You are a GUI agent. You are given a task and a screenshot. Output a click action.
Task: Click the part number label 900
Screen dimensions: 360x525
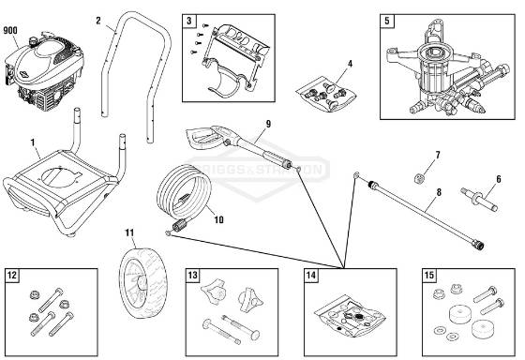pyautogui.click(x=12, y=30)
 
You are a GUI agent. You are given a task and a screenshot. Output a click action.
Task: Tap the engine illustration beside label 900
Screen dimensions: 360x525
pyautogui.click(x=41, y=74)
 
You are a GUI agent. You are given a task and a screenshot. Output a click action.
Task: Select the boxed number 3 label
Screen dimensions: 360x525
pyautogui.click(x=189, y=21)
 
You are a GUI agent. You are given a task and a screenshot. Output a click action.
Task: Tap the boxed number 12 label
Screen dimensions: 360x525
pyautogui.click(x=12, y=276)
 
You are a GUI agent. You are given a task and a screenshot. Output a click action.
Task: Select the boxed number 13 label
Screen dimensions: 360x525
pyautogui.click(x=191, y=276)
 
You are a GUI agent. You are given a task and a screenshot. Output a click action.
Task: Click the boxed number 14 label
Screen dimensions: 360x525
pyautogui.click(x=310, y=276)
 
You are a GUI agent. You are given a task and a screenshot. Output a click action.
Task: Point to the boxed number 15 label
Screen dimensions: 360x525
pyautogui.click(x=429, y=276)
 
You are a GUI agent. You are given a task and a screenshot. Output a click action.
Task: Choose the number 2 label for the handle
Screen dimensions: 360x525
pyautogui.click(x=98, y=20)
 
